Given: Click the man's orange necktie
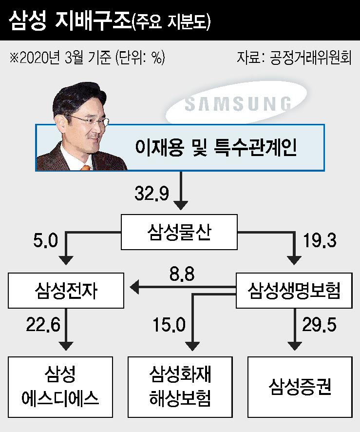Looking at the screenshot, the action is click(86, 167).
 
